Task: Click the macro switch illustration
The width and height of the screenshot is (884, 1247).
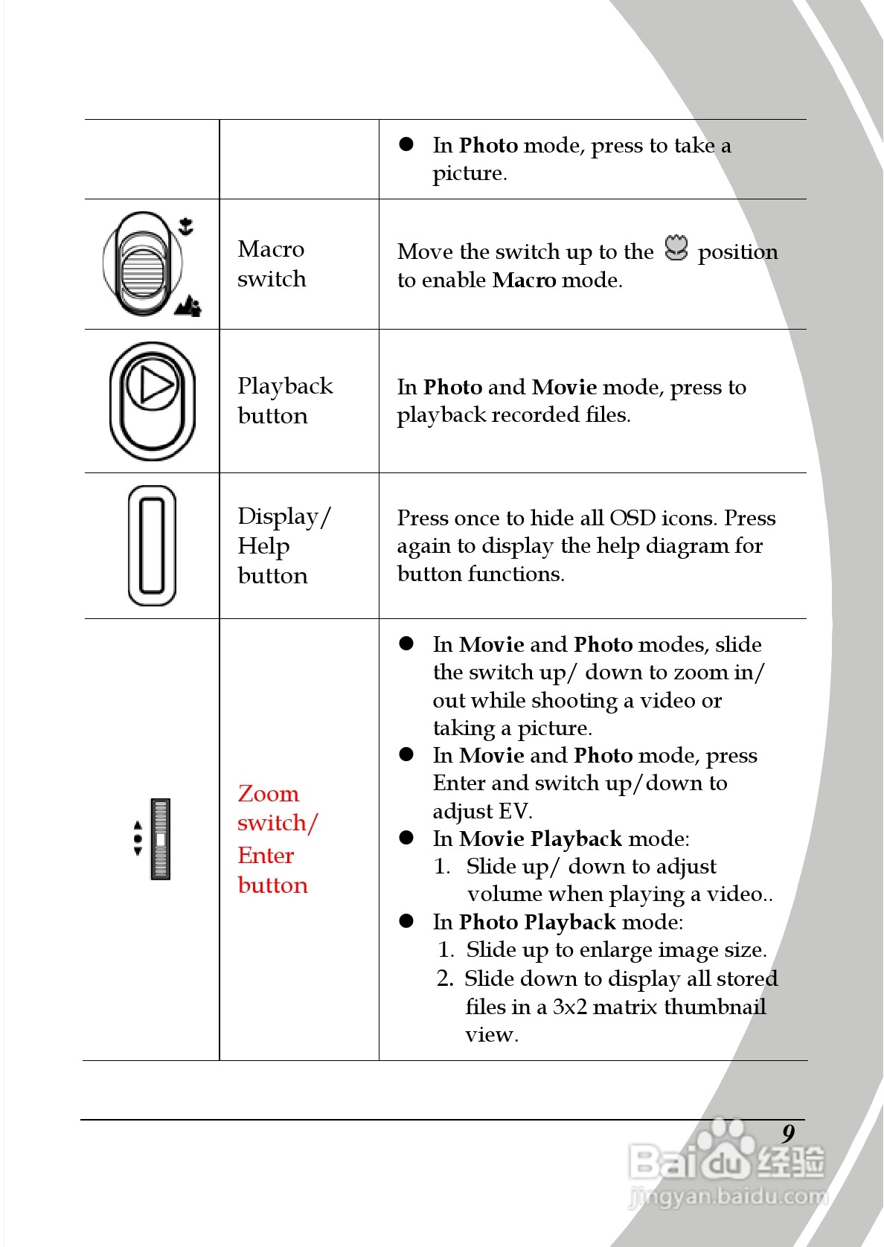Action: [142, 264]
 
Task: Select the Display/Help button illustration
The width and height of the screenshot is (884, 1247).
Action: [152, 545]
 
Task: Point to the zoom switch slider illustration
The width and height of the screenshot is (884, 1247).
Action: [160, 839]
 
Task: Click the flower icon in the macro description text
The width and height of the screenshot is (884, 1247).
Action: [676, 249]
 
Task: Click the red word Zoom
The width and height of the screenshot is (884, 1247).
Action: [269, 794]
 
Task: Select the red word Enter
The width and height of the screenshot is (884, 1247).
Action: [266, 856]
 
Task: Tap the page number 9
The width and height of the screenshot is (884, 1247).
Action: [788, 1133]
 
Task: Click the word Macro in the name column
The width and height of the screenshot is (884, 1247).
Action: [271, 249]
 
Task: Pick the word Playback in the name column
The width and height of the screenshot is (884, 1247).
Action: [285, 386]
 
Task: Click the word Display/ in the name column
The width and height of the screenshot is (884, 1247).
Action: [284, 516]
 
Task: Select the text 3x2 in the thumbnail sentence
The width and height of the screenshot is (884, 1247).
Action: [569, 1007]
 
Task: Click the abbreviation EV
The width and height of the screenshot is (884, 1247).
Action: [513, 811]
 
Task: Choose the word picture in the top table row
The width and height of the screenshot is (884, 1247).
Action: [469, 173]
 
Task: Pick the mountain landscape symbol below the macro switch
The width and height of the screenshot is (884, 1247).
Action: [188, 305]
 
